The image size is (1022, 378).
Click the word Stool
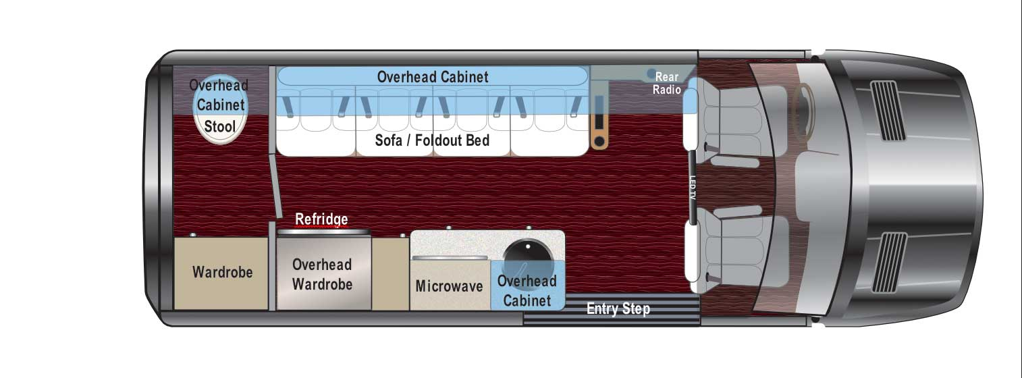[x=219, y=126]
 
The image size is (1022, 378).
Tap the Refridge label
[x=321, y=219]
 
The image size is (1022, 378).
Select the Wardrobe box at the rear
[x=221, y=273]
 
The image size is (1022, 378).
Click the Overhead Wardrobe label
[x=322, y=275]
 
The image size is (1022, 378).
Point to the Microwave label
[x=449, y=286]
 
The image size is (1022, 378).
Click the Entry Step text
[x=618, y=308]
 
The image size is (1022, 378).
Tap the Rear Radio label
[x=666, y=83]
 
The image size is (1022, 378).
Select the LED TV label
[x=692, y=188]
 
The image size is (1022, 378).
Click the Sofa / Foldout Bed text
[x=432, y=140]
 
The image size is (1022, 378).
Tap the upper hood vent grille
[x=888, y=111]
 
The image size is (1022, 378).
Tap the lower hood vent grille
[x=889, y=262]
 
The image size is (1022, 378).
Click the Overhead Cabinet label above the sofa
[x=433, y=76]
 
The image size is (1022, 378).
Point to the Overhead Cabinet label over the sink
[x=527, y=290]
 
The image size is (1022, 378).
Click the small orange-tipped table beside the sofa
[x=599, y=122]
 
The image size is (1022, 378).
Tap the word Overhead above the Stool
[x=219, y=85]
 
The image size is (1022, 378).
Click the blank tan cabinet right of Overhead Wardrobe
[x=391, y=273]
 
